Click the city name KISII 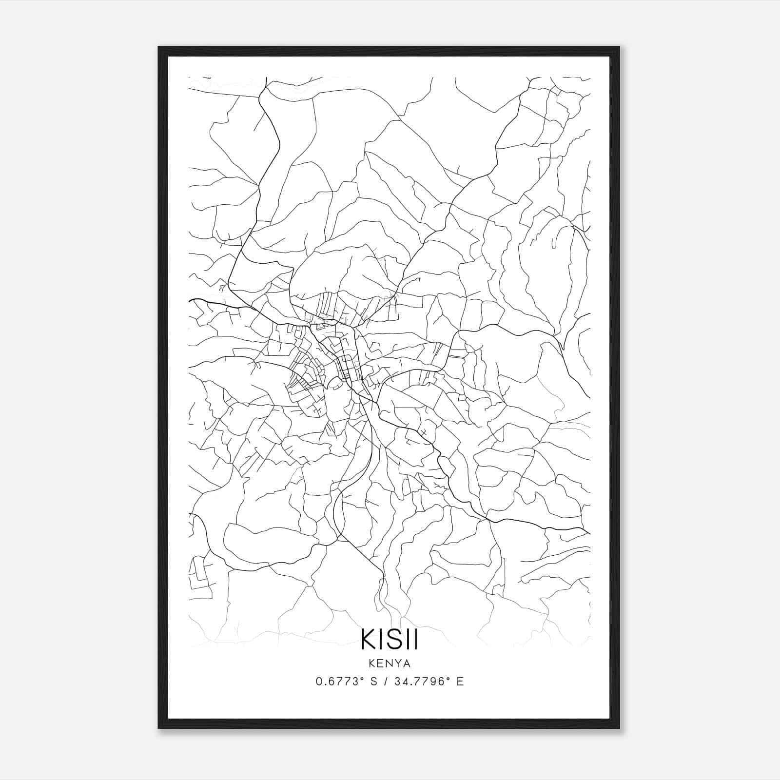pos(390,639)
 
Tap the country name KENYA pos(390,663)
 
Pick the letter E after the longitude pos(460,682)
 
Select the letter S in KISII pos(394,639)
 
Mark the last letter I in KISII pos(415,639)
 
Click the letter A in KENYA pos(407,663)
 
